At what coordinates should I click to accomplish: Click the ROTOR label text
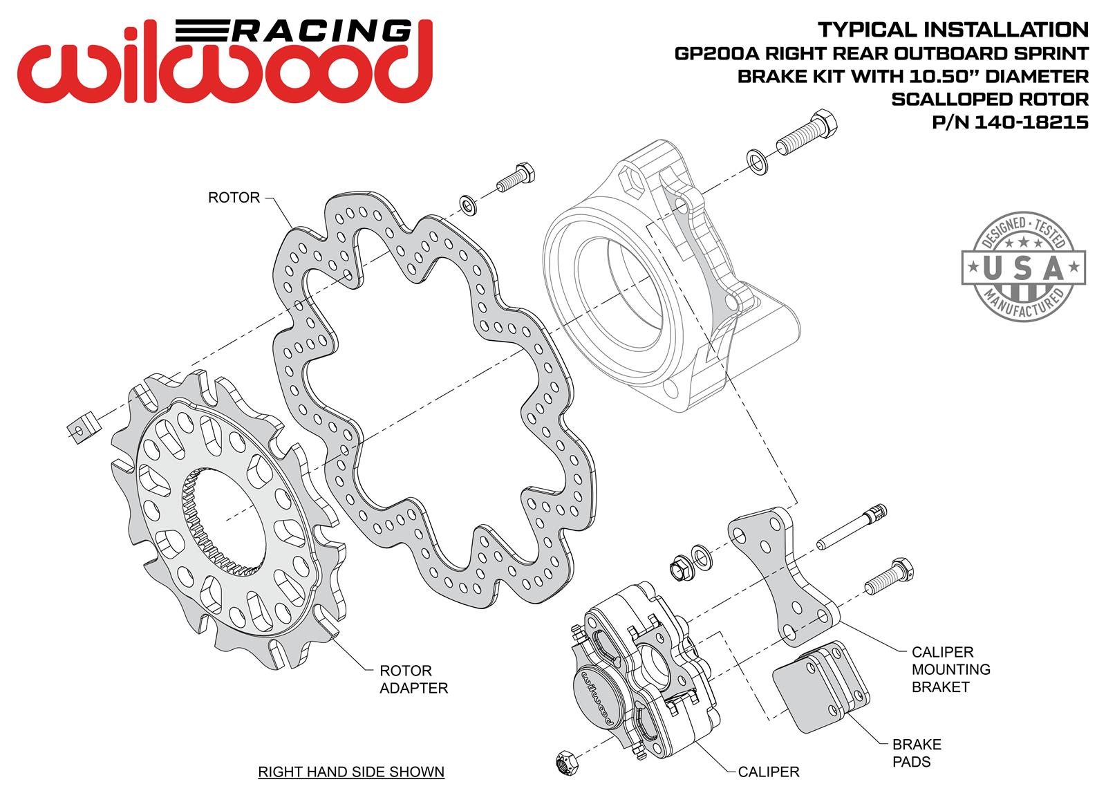point(234,198)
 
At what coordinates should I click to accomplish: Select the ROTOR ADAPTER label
point(413,679)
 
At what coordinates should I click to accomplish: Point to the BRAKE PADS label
point(916,753)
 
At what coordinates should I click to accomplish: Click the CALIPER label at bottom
point(768,772)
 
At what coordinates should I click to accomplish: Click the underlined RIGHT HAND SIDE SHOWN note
point(351,772)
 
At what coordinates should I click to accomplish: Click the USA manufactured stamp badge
point(1023,267)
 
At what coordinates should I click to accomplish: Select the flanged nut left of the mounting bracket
point(677,568)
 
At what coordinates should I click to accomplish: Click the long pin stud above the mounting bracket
point(852,527)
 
